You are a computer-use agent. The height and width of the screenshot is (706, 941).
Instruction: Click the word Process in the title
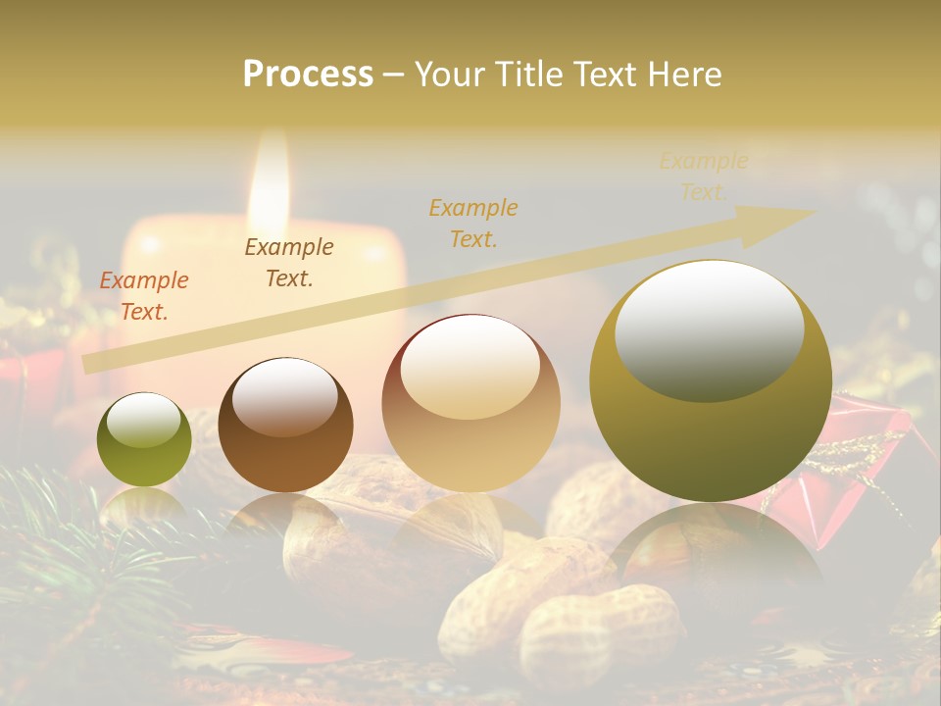308,75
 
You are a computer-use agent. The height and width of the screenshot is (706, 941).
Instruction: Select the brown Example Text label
289,263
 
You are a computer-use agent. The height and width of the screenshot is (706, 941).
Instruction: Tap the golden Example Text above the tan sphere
473,223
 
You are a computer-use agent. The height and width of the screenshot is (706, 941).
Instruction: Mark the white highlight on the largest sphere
709,330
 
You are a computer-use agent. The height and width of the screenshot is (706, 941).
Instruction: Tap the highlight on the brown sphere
284,395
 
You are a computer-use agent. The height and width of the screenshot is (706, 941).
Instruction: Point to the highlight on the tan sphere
470,368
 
